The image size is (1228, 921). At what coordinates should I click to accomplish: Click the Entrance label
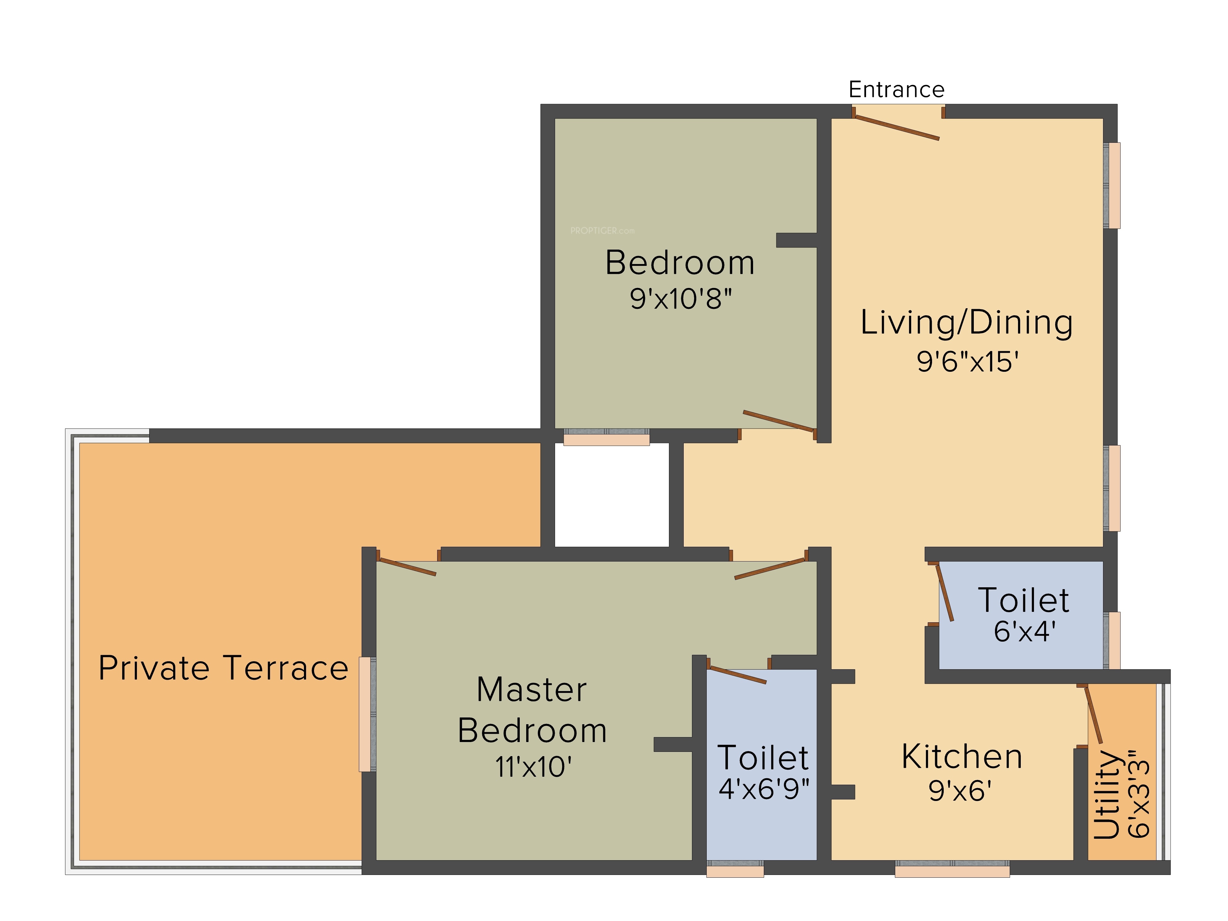[896, 89]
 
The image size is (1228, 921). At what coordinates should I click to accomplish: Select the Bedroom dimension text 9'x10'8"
[681, 299]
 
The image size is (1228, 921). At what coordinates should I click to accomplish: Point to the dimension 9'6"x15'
[968, 361]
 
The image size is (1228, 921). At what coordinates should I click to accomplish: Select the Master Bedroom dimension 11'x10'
[533, 767]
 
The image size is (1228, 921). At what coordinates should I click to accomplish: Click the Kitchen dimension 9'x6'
[960, 791]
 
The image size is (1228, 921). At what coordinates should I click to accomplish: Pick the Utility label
[1106, 795]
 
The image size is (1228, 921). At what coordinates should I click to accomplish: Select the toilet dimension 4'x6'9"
[764, 788]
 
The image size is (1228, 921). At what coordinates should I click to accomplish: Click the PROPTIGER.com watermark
[602, 230]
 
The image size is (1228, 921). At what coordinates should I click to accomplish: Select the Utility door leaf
[1093, 714]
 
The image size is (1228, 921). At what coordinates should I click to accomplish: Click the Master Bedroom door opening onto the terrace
[406, 566]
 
